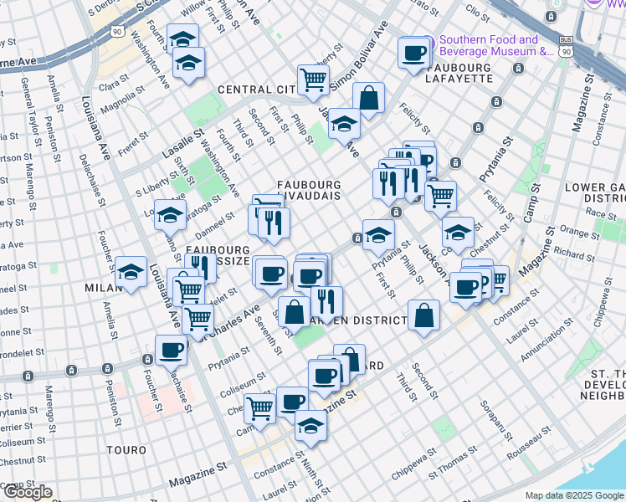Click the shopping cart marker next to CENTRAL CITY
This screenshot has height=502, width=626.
[313, 80]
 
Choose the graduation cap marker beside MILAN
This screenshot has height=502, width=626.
[131, 272]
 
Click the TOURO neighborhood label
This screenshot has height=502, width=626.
[127, 450]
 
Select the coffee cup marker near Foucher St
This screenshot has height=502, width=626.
[171, 351]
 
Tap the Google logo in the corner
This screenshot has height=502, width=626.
[27, 492]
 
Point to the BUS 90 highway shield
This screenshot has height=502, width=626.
[567, 47]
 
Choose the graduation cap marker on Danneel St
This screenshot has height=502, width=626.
[170, 215]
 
